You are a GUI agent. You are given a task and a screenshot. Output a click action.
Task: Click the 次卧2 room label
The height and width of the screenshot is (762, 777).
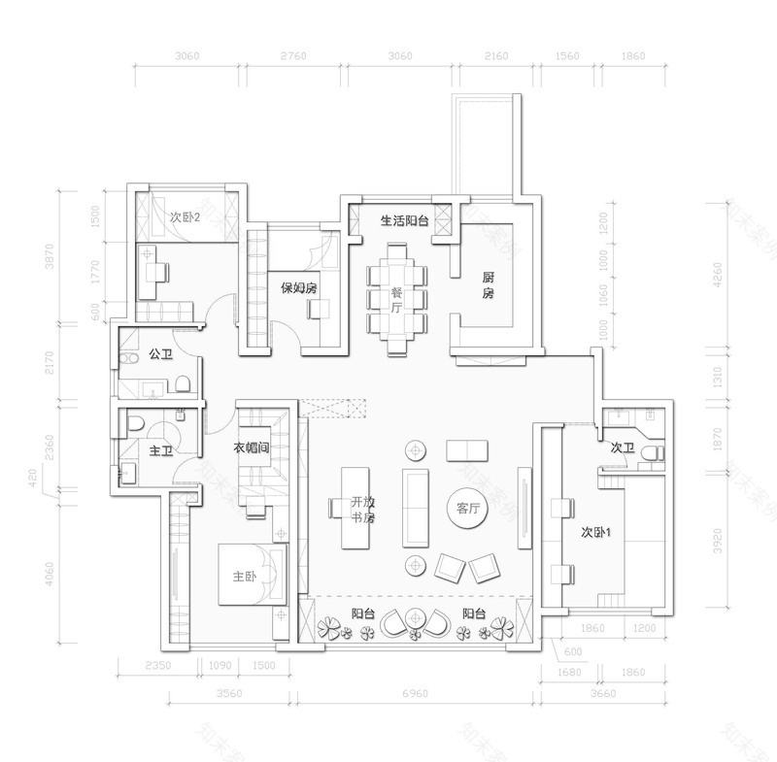tap(184, 216)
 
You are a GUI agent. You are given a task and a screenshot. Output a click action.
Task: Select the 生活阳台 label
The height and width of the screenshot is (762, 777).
tap(404, 220)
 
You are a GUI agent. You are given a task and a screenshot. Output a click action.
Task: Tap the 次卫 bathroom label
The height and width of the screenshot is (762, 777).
tap(623, 448)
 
